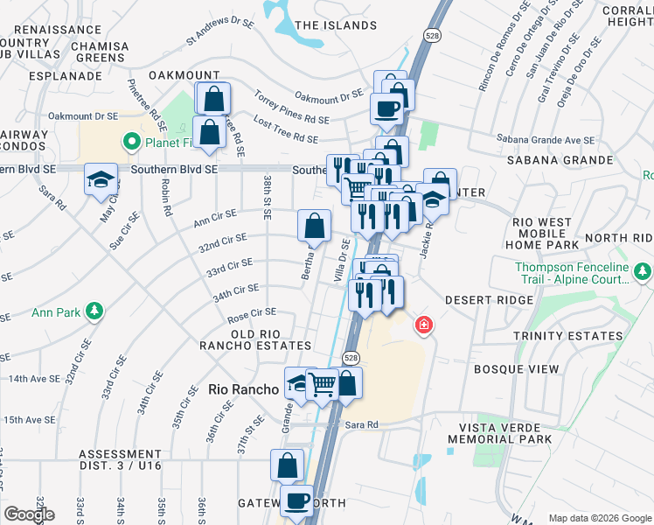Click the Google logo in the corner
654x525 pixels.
(29, 514)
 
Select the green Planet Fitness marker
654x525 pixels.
(132, 141)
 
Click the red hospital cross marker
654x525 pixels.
(424, 325)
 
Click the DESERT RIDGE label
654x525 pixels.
(489, 300)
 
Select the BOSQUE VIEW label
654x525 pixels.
(516, 369)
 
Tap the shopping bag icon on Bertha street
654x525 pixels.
(315, 226)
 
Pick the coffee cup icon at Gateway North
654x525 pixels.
(296, 501)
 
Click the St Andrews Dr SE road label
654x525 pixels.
(219, 31)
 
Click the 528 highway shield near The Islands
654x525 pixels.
(433, 36)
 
